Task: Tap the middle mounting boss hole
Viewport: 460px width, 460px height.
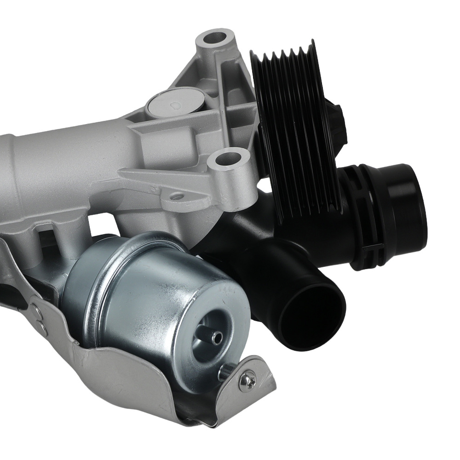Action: click(x=226, y=161)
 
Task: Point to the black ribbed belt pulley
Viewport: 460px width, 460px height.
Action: click(x=294, y=124)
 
